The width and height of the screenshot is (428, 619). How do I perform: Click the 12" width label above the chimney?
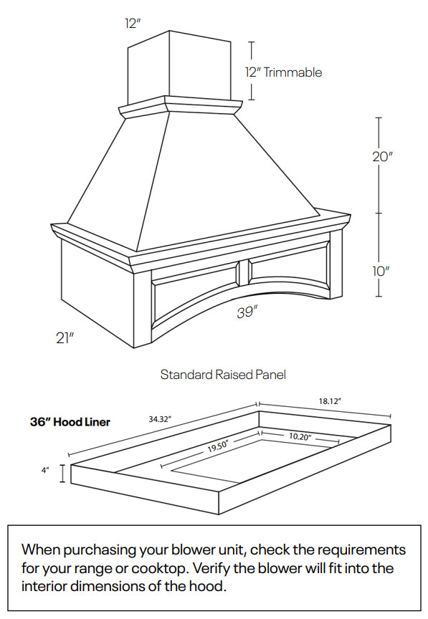(x=132, y=23)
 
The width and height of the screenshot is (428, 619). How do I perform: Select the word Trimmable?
(x=293, y=72)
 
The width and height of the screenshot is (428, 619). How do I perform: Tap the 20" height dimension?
(x=383, y=157)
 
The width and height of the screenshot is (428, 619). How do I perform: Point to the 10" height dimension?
(x=381, y=272)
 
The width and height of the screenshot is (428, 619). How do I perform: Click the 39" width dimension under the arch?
(x=247, y=313)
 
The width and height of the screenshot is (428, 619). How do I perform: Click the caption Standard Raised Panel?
(x=223, y=375)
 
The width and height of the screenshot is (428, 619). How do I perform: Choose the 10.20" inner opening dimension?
(x=300, y=436)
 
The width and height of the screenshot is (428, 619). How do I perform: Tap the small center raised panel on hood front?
(x=242, y=270)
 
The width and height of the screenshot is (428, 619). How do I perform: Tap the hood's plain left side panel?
(x=97, y=290)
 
